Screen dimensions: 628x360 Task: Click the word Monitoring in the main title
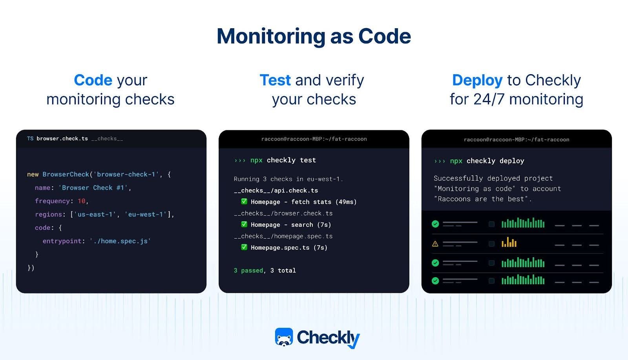271,37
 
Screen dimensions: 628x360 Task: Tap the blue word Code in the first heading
93,80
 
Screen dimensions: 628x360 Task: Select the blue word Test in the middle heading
275,80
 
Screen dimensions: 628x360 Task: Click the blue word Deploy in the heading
477,81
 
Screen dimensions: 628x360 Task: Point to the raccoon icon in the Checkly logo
284,337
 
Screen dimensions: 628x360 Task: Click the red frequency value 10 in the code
82,201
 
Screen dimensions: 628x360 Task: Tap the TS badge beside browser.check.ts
30,139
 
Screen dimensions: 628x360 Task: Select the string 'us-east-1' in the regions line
95,214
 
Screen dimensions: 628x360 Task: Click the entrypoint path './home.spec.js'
120,241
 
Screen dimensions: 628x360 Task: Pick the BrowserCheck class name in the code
66,174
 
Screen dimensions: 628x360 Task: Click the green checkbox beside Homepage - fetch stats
244,201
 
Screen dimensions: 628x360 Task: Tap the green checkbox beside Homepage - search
244,224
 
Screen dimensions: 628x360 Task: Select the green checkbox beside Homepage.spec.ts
244,247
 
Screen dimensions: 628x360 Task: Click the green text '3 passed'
248,270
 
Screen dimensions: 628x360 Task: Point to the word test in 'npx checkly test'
308,160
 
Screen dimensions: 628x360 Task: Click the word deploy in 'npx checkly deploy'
512,161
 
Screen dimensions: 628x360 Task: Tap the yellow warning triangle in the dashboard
435,244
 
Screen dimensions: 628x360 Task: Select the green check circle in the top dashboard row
435,224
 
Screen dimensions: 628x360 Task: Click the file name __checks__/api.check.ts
276,191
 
